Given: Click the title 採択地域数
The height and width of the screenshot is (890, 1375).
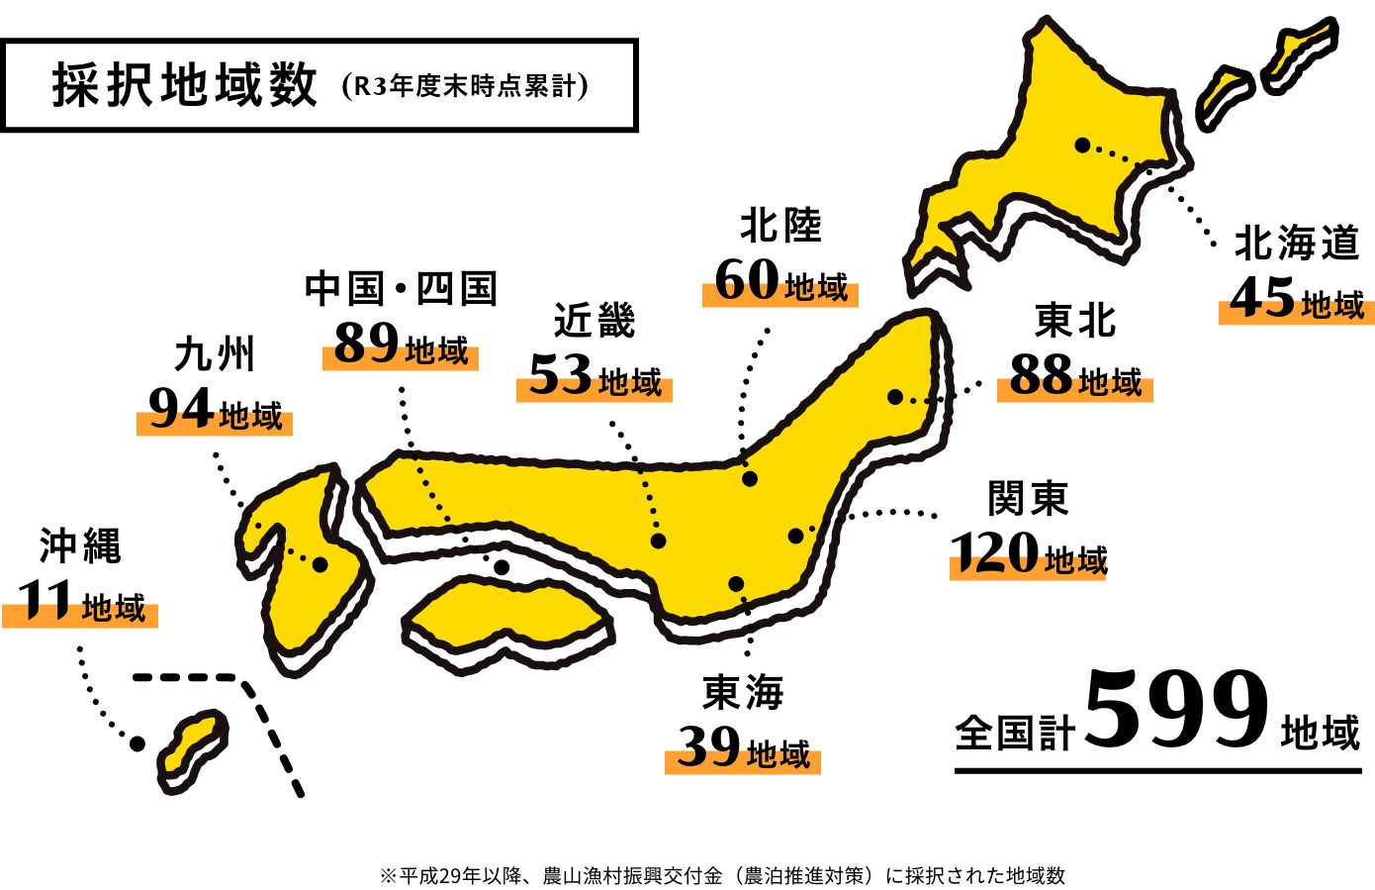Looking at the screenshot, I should click(x=185, y=86).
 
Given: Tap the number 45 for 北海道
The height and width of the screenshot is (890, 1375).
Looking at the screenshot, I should click(x=1262, y=298).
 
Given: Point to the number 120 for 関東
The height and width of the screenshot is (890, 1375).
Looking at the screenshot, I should click(x=994, y=553).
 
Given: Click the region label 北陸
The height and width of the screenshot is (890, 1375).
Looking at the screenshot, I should click(x=780, y=226).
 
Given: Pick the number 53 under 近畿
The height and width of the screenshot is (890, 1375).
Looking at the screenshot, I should click(x=560, y=376).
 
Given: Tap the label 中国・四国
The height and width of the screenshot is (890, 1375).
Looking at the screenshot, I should click(x=401, y=288).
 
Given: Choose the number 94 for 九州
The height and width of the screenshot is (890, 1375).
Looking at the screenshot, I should click(x=180, y=409).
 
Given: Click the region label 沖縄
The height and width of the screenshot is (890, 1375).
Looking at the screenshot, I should click(x=80, y=545).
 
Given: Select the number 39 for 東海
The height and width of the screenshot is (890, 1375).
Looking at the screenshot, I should click(x=708, y=747).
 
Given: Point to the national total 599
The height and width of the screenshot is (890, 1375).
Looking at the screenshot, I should click(x=1176, y=710).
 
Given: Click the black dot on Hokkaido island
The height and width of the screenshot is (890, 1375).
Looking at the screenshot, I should click(x=1082, y=145).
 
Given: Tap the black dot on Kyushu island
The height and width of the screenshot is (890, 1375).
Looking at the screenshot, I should click(x=321, y=564).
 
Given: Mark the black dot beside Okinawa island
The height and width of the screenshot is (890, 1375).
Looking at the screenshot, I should click(x=137, y=742).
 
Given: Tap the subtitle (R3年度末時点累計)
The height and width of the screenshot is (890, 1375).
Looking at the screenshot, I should click(x=464, y=86).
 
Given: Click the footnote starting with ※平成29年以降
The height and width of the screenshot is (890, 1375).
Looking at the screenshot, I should click(x=722, y=875).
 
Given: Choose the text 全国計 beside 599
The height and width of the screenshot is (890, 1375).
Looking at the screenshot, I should click(x=1015, y=734).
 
